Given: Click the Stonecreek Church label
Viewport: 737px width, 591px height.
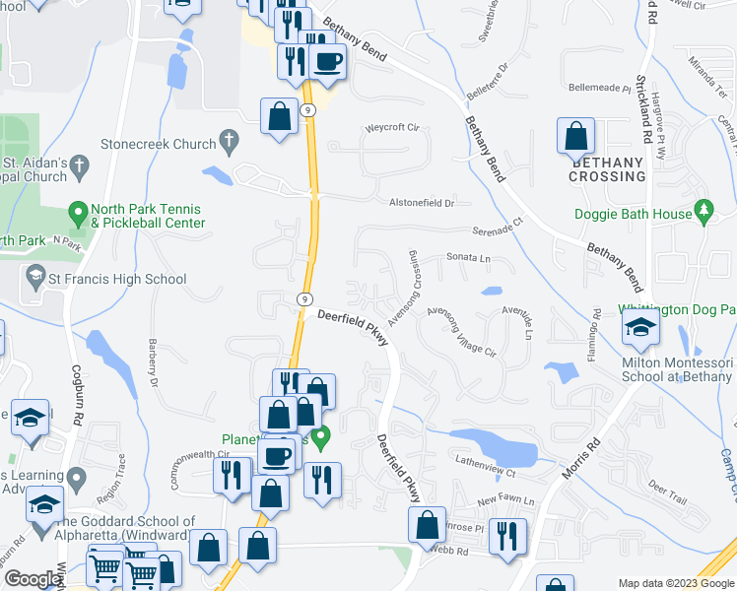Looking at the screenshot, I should tap(158, 144).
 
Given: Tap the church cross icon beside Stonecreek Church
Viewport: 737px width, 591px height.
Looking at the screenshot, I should tap(229, 143).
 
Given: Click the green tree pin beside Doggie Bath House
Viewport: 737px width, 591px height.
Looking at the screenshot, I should tap(703, 212).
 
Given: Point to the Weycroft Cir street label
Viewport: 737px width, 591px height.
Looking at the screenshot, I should tap(392, 128).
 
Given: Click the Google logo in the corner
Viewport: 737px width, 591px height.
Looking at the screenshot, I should tap(32, 579).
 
